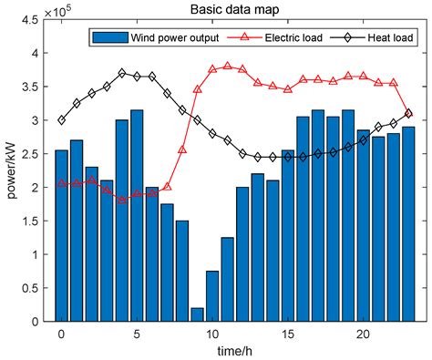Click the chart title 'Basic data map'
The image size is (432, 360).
(x=234, y=9)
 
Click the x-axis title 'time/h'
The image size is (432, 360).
(x=234, y=352)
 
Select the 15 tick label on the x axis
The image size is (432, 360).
(x=288, y=334)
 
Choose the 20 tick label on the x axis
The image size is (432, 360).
(x=364, y=334)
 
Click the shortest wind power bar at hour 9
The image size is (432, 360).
(x=198, y=314)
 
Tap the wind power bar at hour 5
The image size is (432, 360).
(x=138, y=215)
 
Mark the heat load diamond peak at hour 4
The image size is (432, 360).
(x=122, y=73)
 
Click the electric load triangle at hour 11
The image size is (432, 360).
(x=228, y=66)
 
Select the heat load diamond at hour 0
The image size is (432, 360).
(x=61, y=120)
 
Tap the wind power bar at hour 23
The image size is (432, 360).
(x=408, y=224)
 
